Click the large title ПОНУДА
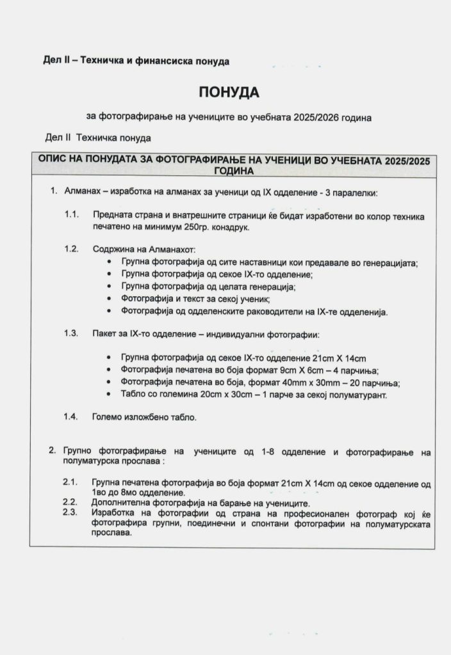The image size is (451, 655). click(x=229, y=92)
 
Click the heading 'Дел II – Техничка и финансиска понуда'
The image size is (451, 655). click(x=136, y=61)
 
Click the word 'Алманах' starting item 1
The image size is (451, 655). click(x=81, y=192)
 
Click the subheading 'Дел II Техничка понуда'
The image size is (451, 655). click(x=98, y=138)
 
